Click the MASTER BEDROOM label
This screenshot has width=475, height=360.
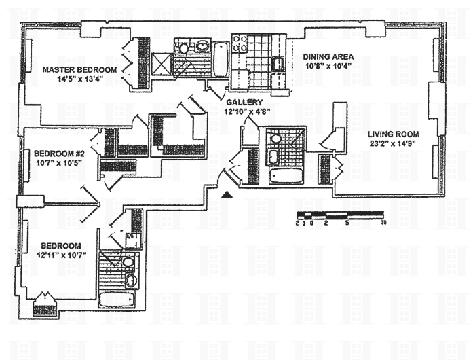(x=79, y=69)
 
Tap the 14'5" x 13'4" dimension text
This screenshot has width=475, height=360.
(x=79, y=79)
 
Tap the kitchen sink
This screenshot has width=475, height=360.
(x=278, y=65)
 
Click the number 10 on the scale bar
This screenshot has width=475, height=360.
(x=383, y=223)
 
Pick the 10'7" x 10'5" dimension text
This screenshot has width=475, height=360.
(x=58, y=162)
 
